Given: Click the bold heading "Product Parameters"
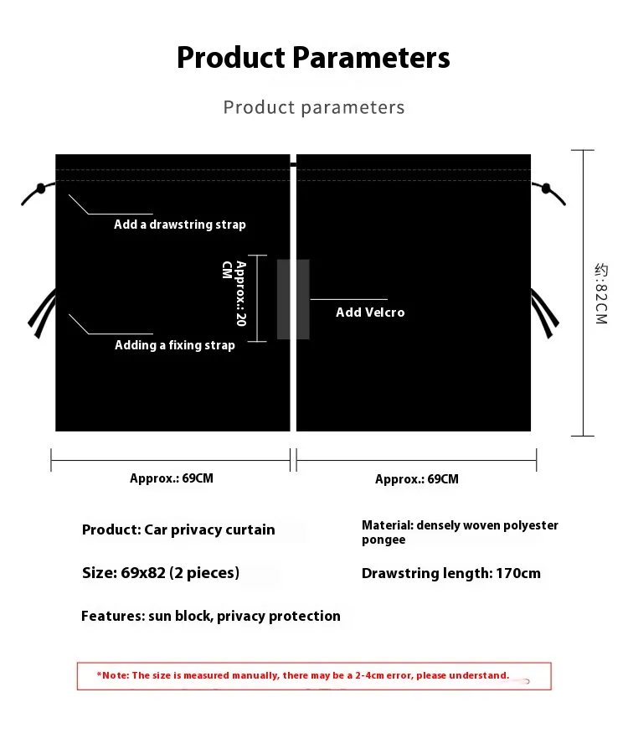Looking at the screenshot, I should (313, 58).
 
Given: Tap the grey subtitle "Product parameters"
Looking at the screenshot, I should (313, 107).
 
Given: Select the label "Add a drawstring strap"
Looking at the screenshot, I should (180, 225).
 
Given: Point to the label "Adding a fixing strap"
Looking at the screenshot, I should (175, 345).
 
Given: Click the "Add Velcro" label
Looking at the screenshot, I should (370, 313).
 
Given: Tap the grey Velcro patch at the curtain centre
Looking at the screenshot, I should (293, 299).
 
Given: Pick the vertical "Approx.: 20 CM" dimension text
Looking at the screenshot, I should (234, 293).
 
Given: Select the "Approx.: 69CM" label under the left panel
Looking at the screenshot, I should (172, 478).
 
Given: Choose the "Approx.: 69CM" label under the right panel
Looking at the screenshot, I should (417, 479).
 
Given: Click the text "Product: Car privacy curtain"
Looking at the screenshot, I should (178, 529).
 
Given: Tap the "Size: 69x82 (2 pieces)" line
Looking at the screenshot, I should (161, 573).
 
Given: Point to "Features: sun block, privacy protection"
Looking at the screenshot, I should (211, 616).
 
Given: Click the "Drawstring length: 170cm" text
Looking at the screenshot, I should (451, 573).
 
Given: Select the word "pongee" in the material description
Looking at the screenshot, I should (383, 540).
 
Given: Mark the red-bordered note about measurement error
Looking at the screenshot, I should (314, 675).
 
